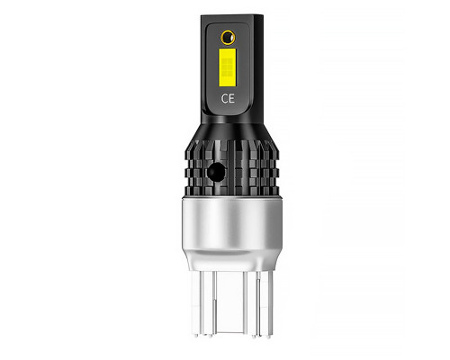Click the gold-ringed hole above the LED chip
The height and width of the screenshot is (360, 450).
point(228,37)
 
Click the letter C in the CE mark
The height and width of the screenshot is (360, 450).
point(224,98)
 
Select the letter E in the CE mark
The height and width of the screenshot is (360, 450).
point(231,98)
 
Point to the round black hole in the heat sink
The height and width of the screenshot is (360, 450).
point(216,172)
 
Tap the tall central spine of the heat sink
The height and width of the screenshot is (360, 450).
point(230,167)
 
